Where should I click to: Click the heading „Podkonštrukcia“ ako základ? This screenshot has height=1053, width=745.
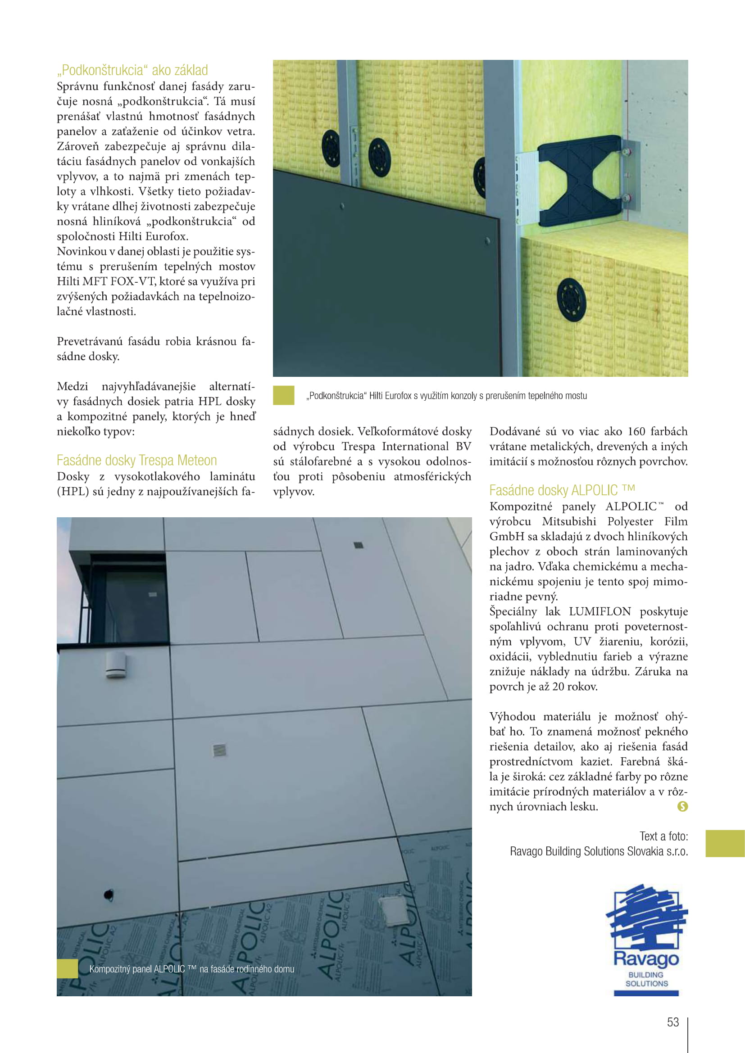coord(132,70)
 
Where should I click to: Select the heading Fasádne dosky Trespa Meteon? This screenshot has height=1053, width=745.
coord(137,460)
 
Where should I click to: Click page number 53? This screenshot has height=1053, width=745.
coord(672,1022)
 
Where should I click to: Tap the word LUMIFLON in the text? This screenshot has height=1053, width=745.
coord(600,611)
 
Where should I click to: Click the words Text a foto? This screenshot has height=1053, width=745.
coord(663,836)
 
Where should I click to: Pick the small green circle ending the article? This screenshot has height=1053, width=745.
coord(682,806)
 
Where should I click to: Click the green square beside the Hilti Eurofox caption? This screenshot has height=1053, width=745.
coord(283,395)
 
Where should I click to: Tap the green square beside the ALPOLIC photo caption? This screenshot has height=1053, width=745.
coord(68,969)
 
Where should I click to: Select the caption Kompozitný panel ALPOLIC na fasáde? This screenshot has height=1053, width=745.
coord(192,969)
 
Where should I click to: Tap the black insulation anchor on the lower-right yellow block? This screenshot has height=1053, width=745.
coord(571,300)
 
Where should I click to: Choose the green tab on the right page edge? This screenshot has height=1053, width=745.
coord(725,843)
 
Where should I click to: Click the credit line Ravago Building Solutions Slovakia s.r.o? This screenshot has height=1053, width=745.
coord(599,851)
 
